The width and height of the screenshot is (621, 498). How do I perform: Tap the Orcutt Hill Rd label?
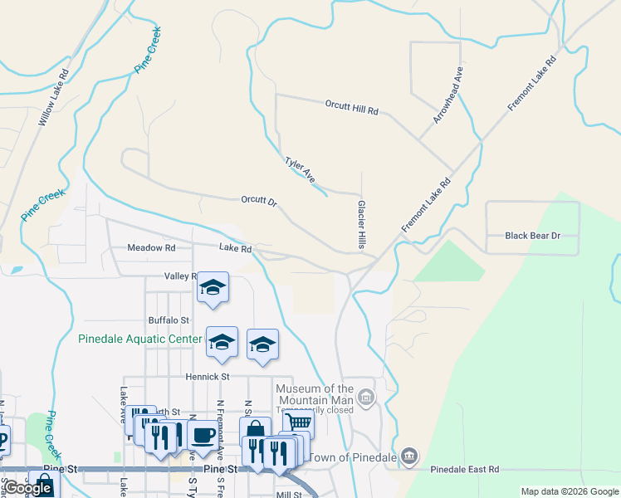point(351,107)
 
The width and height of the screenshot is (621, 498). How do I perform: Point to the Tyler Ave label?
point(300,170)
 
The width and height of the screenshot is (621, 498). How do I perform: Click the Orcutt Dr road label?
point(258,200)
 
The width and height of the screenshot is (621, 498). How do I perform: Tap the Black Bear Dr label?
point(533,236)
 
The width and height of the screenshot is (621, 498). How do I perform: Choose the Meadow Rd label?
point(151,247)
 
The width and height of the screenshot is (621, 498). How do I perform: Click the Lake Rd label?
point(235,247)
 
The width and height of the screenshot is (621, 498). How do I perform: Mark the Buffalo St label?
point(169,320)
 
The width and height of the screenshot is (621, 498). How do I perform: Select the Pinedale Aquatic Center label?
point(139,339)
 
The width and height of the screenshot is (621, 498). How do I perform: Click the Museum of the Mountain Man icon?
point(366,399)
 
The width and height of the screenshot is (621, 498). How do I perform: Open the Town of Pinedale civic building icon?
point(408,456)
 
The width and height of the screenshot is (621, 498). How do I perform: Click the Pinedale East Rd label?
point(464,469)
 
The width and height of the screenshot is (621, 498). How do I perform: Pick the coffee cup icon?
point(202,434)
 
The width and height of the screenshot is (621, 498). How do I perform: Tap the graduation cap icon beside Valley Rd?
point(213,288)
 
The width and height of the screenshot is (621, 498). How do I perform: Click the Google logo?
point(28,488)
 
